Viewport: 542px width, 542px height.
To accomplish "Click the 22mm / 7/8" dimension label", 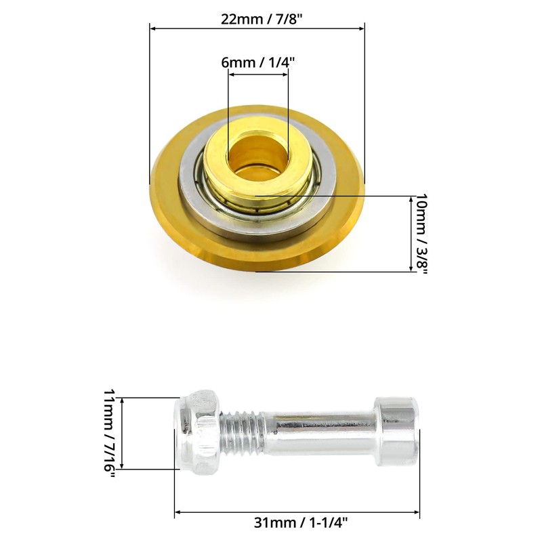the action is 262,19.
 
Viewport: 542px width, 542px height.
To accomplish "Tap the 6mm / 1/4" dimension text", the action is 258,62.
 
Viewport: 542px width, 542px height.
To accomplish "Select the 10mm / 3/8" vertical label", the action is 421,234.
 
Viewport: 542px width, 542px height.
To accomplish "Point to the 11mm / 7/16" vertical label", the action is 110,434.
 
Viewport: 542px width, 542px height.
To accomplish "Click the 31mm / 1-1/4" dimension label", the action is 301,522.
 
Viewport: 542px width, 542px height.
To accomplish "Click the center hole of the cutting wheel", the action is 258,156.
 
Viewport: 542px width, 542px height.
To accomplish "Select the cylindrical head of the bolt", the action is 398,432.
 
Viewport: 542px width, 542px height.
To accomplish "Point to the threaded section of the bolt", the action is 242,432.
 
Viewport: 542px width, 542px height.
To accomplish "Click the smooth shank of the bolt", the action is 320,432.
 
